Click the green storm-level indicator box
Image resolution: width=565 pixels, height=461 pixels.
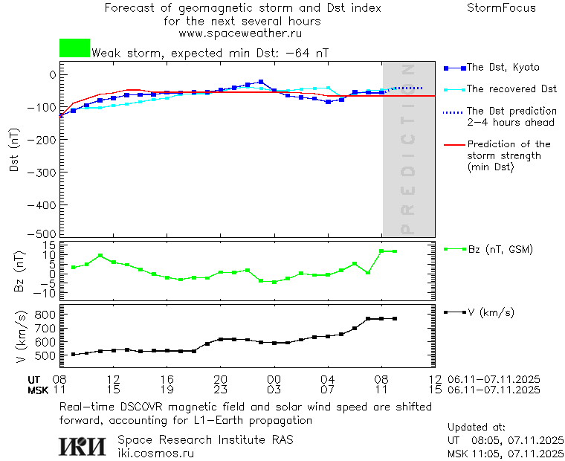tap(74, 48)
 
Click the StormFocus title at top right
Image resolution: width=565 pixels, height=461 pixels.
tap(501, 8)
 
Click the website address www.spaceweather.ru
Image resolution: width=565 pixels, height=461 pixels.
tap(240, 33)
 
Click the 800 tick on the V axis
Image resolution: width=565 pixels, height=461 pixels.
tap(46, 315)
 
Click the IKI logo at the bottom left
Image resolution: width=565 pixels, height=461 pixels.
tap(83, 446)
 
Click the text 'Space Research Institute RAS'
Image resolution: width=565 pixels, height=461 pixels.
tap(205, 439)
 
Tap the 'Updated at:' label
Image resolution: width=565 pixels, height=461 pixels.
tap(477, 428)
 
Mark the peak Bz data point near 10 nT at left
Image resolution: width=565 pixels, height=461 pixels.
tap(100, 256)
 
